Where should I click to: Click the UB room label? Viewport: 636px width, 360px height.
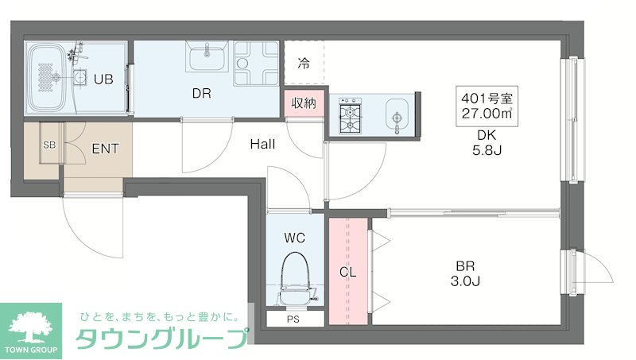click(104, 79)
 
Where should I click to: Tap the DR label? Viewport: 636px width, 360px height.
click(201, 93)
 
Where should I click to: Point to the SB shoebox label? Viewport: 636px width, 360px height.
click(49, 145)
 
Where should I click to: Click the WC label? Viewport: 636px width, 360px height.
click(294, 237)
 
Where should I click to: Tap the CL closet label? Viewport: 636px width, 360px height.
click(347, 272)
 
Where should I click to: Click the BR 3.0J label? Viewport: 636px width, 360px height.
click(466, 273)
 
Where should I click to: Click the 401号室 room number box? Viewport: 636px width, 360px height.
click(487, 106)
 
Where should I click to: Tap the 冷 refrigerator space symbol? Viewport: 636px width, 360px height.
click(304, 63)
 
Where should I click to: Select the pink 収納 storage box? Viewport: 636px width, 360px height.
click(303, 103)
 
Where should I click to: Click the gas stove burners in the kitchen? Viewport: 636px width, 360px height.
click(350, 117)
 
